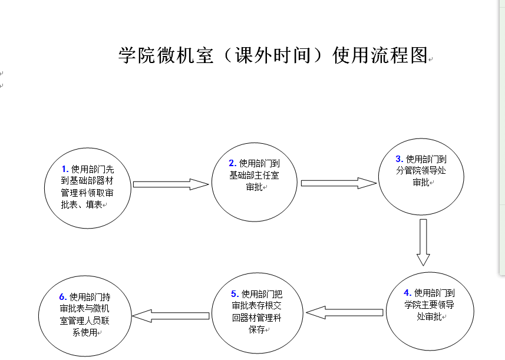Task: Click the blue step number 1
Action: (x=65, y=169)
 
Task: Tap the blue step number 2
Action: (x=233, y=163)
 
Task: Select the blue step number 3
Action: (x=400, y=158)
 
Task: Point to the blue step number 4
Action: (x=407, y=293)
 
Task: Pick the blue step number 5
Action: (x=235, y=293)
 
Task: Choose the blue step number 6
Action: (x=63, y=296)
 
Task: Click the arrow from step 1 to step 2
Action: (x=171, y=184)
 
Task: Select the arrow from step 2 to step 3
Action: (x=338, y=183)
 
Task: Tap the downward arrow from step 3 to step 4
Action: (x=423, y=243)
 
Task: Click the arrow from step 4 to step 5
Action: (x=345, y=312)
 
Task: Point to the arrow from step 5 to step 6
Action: (x=171, y=316)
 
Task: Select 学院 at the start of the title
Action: (x=137, y=55)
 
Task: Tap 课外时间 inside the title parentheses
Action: (x=273, y=55)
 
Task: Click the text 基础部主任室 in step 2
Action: (x=254, y=175)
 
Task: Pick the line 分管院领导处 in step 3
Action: (x=421, y=170)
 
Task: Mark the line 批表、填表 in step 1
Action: (x=81, y=204)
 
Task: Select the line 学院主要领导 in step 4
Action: (x=430, y=305)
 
